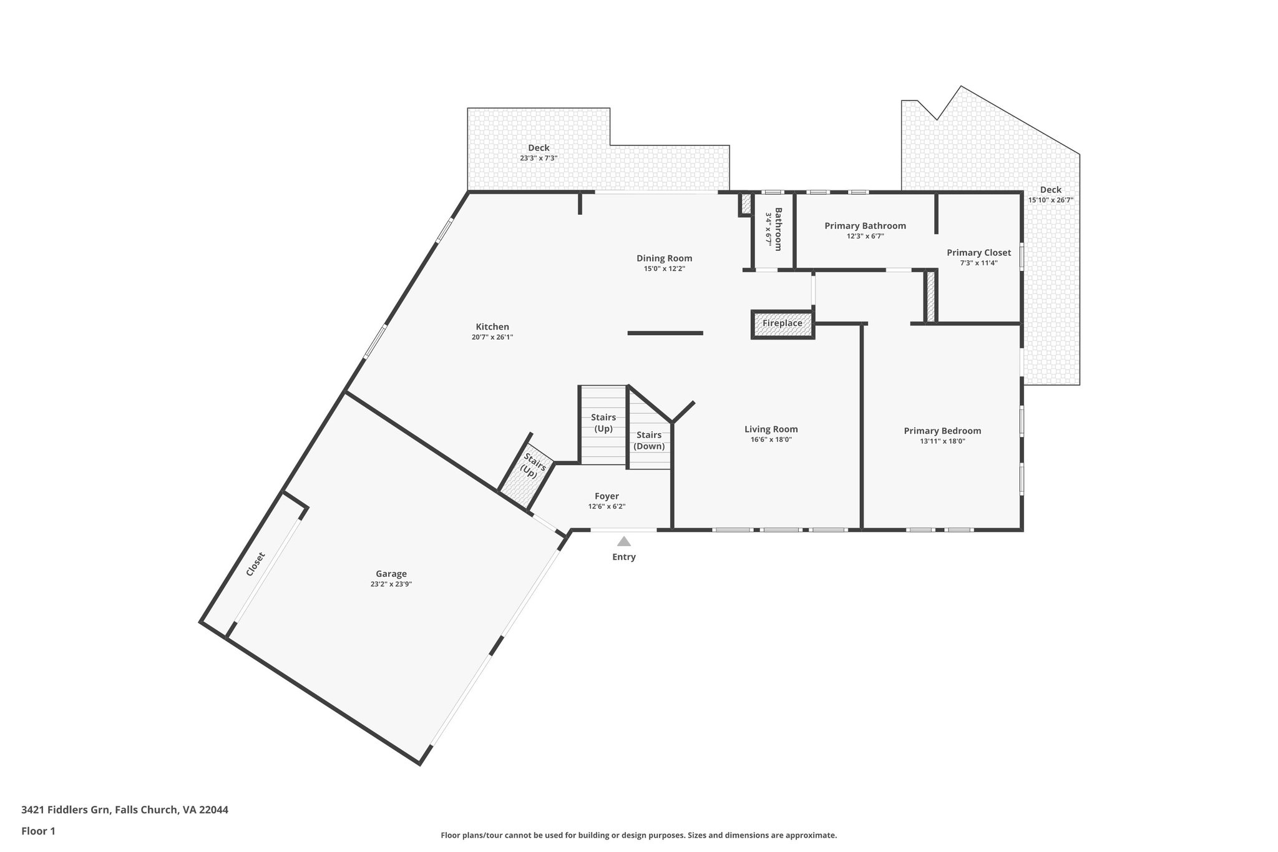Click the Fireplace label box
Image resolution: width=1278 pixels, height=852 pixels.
click(783, 324)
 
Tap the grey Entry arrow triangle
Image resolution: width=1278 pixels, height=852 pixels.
click(624, 541)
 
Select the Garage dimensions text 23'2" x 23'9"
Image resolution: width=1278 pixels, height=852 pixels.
click(391, 584)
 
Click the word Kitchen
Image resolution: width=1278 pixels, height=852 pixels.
click(492, 326)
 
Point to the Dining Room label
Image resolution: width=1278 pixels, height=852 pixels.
click(664, 258)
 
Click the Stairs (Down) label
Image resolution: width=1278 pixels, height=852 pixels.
click(649, 441)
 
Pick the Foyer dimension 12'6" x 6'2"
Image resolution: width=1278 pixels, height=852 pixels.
click(607, 507)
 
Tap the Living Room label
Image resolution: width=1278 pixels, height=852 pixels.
click(771, 429)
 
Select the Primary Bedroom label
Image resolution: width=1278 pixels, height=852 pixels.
click(942, 431)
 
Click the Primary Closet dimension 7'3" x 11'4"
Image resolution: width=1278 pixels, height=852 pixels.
click(978, 263)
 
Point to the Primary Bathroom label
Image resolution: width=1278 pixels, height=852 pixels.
click(865, 225)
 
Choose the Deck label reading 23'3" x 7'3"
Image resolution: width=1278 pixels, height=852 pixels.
click(539, 159)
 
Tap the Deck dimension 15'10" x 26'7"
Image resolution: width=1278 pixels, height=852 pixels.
click(1051, 200)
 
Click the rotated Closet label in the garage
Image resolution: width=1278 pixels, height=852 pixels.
click(255, 564)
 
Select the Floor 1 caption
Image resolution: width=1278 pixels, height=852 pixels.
click(39, 831)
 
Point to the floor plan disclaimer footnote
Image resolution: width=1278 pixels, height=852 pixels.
click(638, 835)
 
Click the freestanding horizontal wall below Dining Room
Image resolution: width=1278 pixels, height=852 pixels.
click(665, 333)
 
